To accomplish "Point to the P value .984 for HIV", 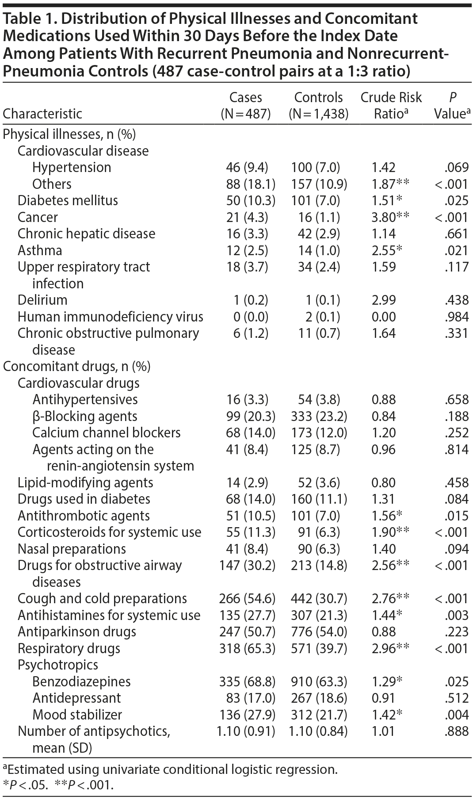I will [x=457, y=317].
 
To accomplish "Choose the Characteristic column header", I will [x=42, y=114].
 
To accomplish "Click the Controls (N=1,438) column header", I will [x=318, y=105].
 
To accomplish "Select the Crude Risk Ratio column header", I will [x=391, y=105].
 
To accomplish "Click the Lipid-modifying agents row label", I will [x=85, y=482].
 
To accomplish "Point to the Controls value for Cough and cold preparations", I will [x=318, y=599].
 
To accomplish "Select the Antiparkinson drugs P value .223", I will [x=457, y=632].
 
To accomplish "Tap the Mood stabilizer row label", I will [x=77, y=715].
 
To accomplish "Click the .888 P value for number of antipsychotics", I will [x=457, y=731].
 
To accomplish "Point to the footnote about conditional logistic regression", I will [x=170, y=769].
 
